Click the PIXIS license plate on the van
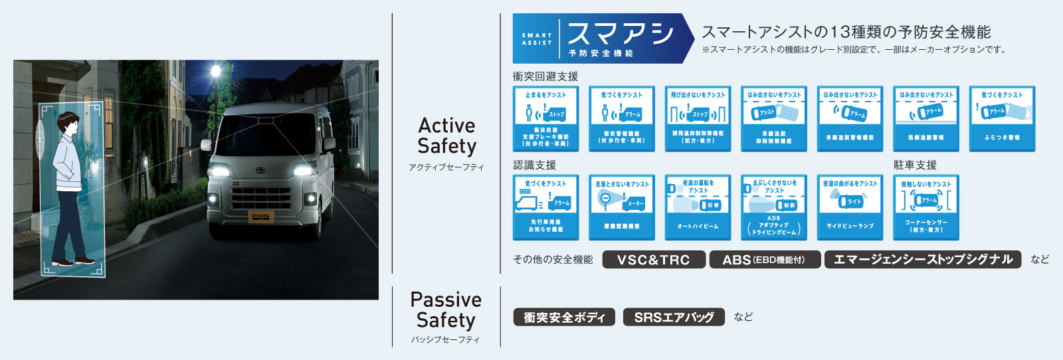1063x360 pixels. pyautogui.click(x=260, y=217)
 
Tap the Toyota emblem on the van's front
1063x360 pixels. pyautogui.click(x=260, y=170)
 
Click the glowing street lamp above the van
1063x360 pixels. pyautogui.click(x=215, y=70)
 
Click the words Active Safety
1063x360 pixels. pyautogui.click(x=446, y=135)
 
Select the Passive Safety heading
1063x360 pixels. pyautogui.click(x=446, y=310)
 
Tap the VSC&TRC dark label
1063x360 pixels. pyautogui.click(x=654, y=260)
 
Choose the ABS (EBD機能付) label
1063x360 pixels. pyautogui.click(x=764, y=260)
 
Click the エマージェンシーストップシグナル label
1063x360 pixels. pyautogui.click(x=923, y=260)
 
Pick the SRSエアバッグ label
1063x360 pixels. pyautogui.click(x=674, y=317)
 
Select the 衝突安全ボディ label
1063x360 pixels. pyautogui.click(x=564, y=317)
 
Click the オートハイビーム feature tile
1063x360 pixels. pyautogui.click(x=698, y=207)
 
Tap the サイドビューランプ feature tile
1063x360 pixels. pyautogui.click(x=850, y=207)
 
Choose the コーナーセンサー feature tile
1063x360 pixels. pyautogui.click(x=926, y=207)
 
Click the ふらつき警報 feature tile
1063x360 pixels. pyautogui.click(x=1002, y=118)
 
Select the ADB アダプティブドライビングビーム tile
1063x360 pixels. pyautogui.click(x=774, y=207)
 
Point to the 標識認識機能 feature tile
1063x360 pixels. pyautogui.click(x=622, y=207)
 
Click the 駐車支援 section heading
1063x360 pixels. pyautogui.click(x=915, y=165)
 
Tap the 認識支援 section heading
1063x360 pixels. pyautogui.click(x=534, y=165)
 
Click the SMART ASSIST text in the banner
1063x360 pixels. pyautogui.click(x=537, y=39)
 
